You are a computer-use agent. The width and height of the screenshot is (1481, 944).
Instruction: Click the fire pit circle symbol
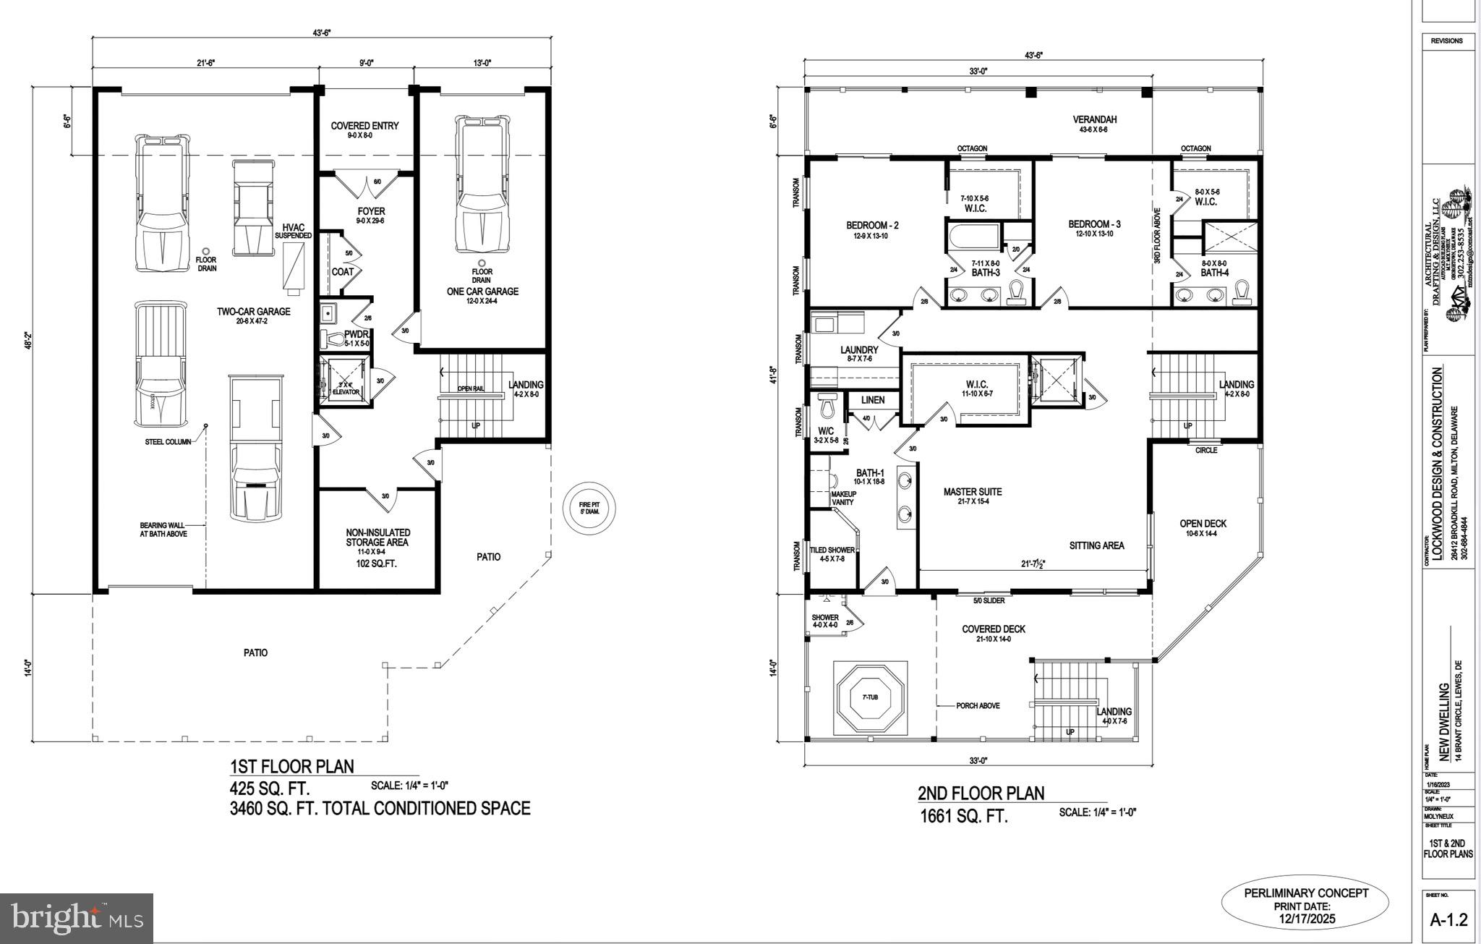coord(589,509)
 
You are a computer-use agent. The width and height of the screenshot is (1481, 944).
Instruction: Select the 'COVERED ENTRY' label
coord(364,126)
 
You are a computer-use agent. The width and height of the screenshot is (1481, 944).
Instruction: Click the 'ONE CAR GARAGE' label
coord(482,292)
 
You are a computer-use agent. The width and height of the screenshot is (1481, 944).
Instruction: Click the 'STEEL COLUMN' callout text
coord(168,442)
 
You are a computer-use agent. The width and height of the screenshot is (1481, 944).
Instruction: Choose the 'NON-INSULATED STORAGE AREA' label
coord(377,537)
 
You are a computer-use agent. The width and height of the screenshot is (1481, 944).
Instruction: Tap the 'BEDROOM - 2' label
coord(872,226)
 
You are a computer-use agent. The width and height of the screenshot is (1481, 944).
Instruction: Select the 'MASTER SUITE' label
coord(972,492)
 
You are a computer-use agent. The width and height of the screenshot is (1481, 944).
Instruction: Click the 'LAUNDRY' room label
coord(859,350)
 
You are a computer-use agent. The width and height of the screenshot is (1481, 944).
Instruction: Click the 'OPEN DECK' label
coord(1203,524)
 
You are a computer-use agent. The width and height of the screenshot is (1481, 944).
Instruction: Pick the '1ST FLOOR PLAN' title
coord(291,767)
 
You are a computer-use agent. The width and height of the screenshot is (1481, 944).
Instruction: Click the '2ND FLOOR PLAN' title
coord(981,794)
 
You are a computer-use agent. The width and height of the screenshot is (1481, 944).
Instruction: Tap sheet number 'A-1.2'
coord(1448,920)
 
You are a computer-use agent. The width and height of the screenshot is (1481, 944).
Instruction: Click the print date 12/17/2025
coord(1305,919)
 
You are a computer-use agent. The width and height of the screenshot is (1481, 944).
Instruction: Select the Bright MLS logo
coord(76,918)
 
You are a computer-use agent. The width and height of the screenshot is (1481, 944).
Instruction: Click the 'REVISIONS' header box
coord(1446,41)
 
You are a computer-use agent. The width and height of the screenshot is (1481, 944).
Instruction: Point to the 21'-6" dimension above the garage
coord(205,63)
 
